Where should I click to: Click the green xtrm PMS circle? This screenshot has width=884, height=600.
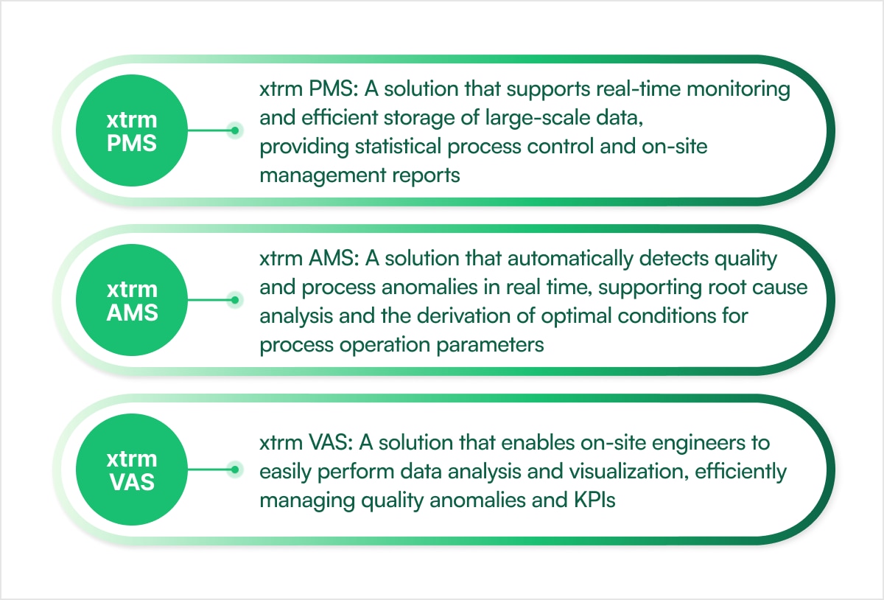pyautogui.click(x=132, y=130)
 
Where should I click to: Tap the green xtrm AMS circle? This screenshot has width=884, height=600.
pyautogui.click(x=132, y=300)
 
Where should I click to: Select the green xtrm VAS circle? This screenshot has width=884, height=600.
pyautogui.click(x=132, y=470)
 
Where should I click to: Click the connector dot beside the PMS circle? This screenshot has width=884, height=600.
pyautogui.click(x=235, y=130)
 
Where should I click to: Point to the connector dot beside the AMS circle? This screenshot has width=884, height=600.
pyautogui.click(x=235, y=300)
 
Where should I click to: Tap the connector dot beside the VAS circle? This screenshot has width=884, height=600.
pyautogui.click(x=235, y=470)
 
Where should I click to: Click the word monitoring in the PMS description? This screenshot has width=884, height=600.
pyautogui.click(x=738, y=90)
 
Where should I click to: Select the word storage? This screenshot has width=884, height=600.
pyautogui.click(x=418, y=119)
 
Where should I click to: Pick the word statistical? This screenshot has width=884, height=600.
pyautogui.click(x=398, y=146)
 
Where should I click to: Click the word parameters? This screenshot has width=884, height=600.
pyautogui.click(x=490, y=346)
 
